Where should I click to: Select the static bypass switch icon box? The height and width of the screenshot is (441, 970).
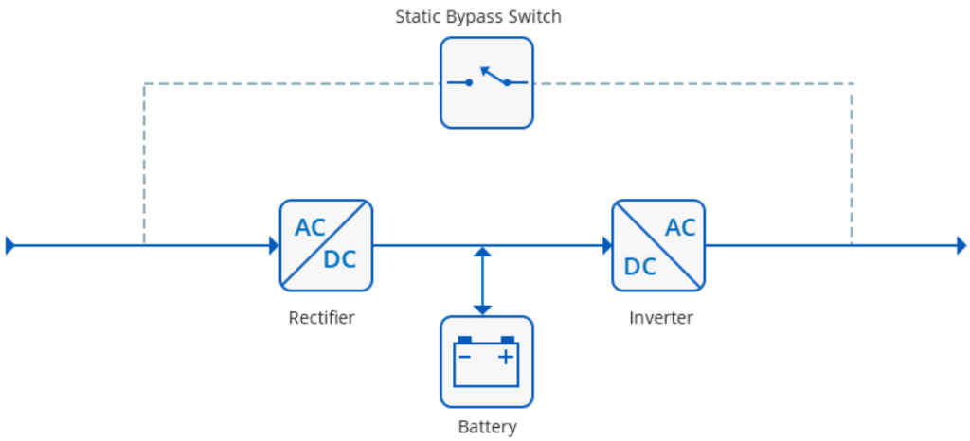click(486, 82)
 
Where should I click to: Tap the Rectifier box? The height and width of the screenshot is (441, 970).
click(326, 245)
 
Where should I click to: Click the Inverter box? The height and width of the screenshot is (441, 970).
click(658, 245)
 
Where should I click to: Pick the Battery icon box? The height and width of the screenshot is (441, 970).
click(486, 362)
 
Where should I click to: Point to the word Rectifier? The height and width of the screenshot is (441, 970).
click(321, 318)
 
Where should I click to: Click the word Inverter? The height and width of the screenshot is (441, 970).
click(660, 318)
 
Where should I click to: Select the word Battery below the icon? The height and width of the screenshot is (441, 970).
click(487, 427)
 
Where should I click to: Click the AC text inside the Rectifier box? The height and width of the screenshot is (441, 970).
click(310, 228)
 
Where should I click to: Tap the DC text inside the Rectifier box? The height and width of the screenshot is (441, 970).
click(340, 260)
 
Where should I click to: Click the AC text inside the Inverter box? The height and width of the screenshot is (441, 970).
click(680, 228)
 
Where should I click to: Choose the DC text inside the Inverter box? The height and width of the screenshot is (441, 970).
click(639, 267)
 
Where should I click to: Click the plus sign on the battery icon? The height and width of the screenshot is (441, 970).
click(507, 357)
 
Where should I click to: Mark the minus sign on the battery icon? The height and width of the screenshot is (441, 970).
click(464, 357)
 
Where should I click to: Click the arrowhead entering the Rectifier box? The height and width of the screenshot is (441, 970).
click(273, 246)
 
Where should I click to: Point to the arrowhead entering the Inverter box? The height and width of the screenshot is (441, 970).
click(606, 246)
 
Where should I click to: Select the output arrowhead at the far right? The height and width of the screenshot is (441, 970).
click(961, 246)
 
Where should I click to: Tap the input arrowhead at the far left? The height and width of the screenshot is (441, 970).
click(10, 246)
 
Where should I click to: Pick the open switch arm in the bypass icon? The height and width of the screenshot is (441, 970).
click(494, 74)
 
